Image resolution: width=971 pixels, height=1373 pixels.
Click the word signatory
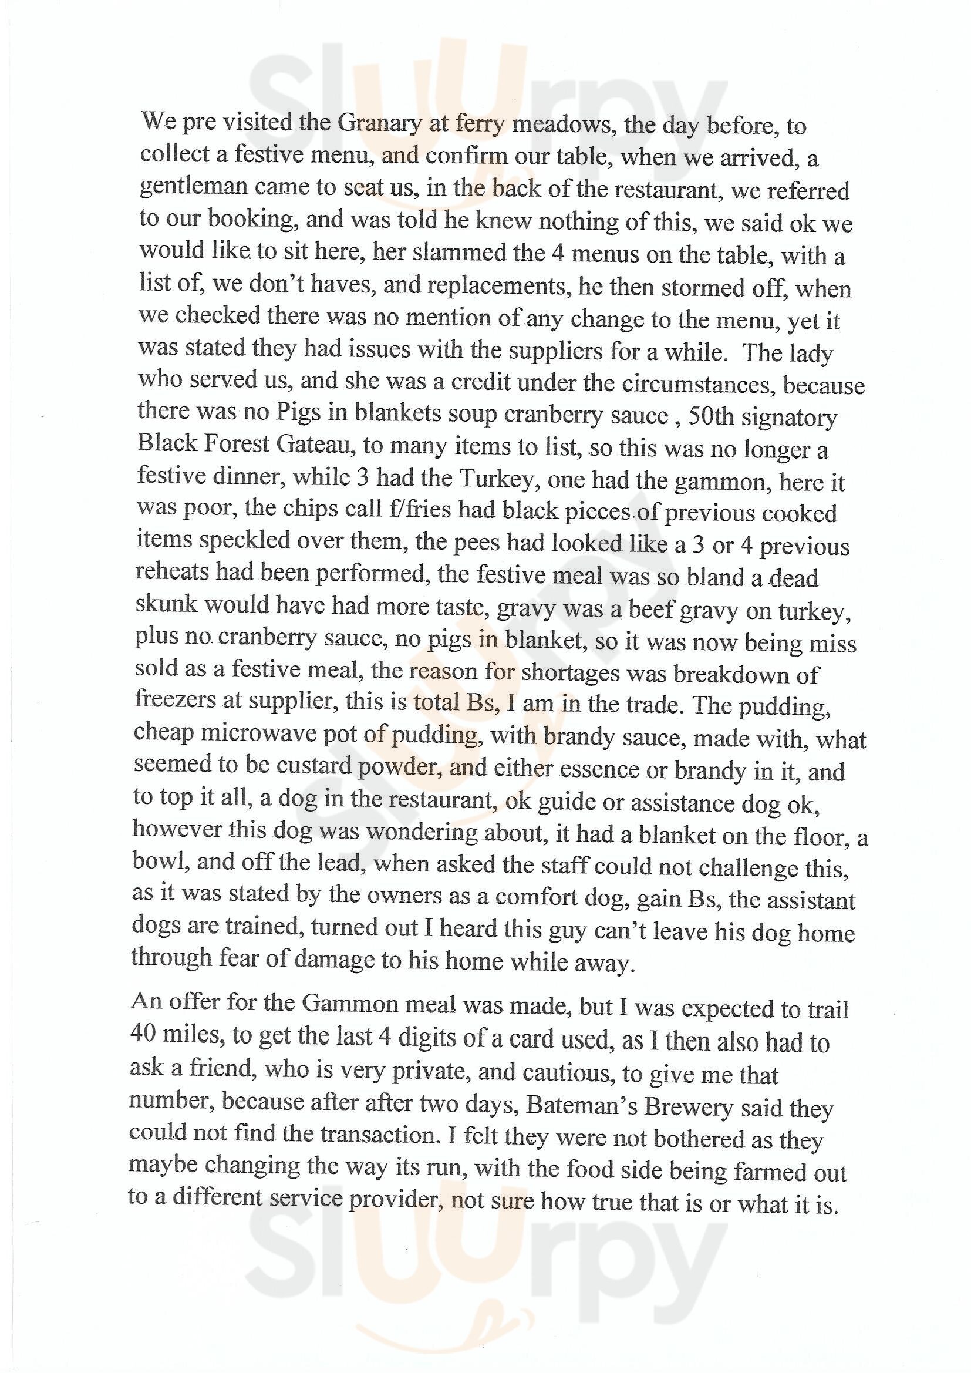[788, 417]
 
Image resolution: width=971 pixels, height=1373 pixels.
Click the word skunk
[166, 604]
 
